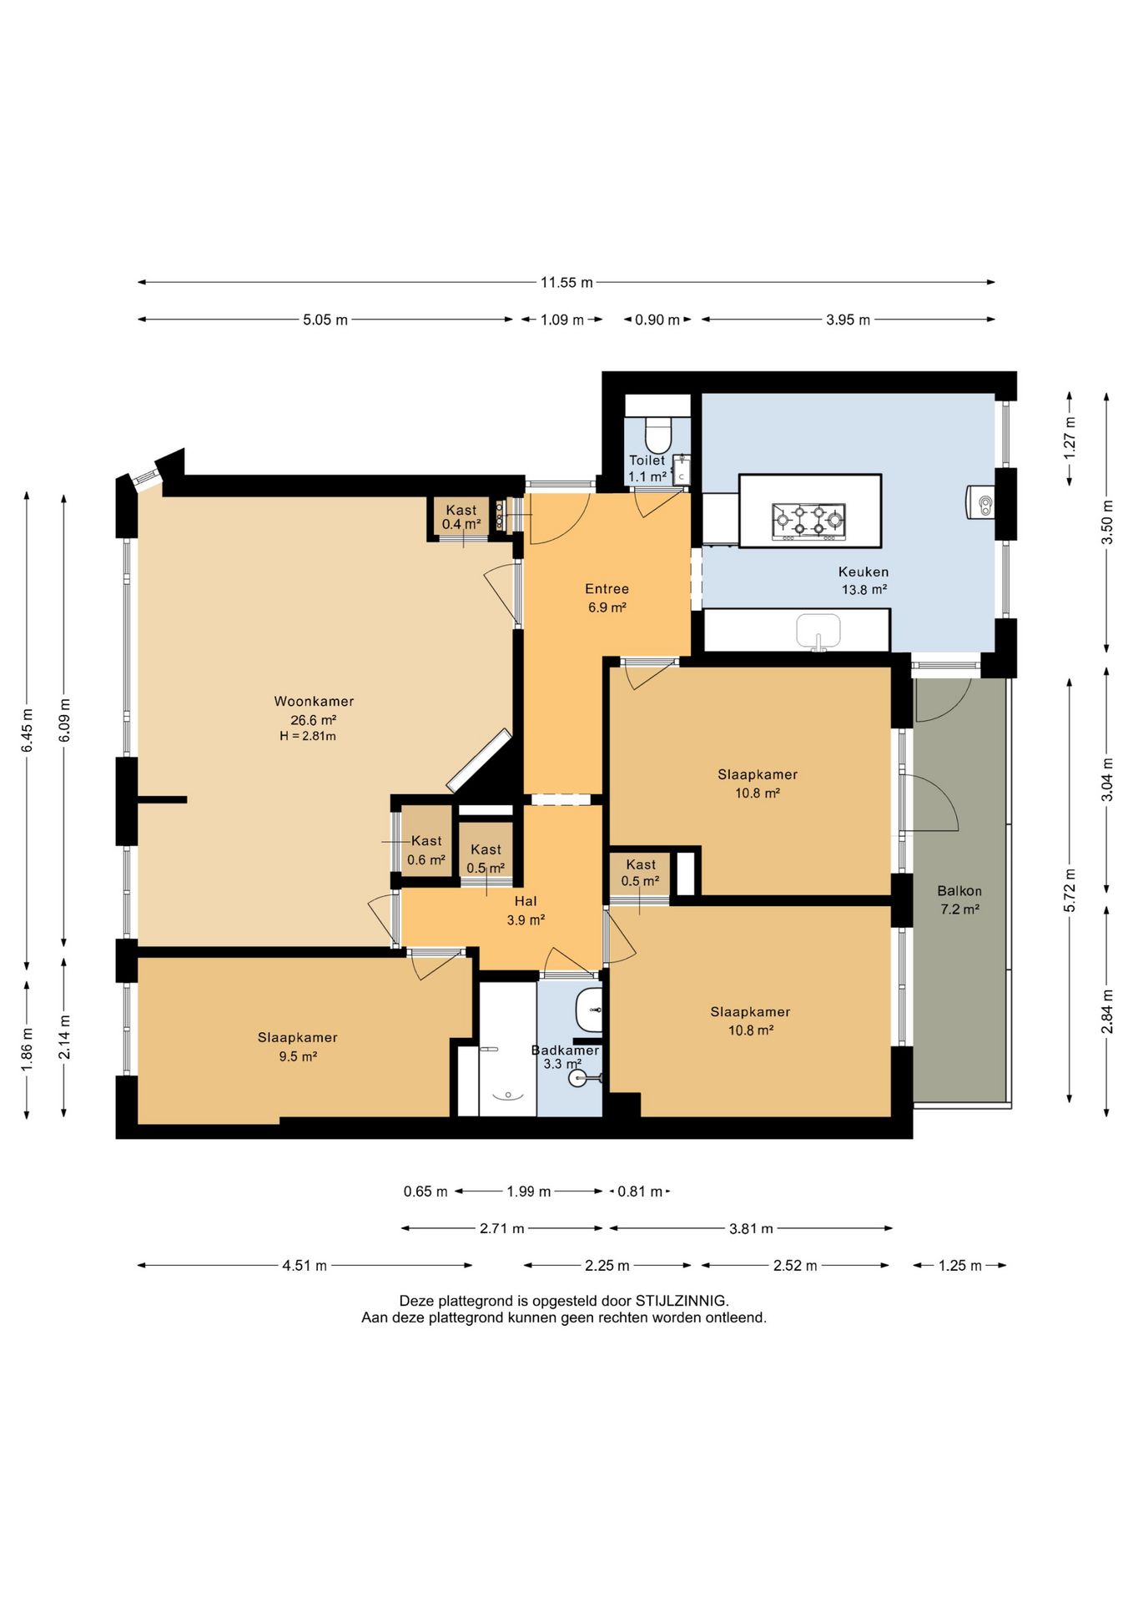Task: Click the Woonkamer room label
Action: coord(314,702)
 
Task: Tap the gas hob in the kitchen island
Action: coord(808,521)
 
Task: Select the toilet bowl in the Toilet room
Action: coord(658,435)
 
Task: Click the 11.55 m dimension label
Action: coord(566,282)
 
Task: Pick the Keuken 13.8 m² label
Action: coord(864,581)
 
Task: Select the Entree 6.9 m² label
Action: coord(607,598)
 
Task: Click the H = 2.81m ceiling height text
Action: coord(308,736)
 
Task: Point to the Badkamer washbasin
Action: coord(589,1010)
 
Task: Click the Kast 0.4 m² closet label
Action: coord(461,517)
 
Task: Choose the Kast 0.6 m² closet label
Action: coord(426,850)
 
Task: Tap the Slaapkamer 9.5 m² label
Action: coord(298,1046)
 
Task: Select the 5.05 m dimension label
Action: coord(325,320)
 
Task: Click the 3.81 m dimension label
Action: coord(751,1228)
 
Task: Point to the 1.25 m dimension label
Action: coord(959,1266)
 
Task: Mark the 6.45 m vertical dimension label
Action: coord(27,730)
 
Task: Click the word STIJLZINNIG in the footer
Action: coord(682,1301)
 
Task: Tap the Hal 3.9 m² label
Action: coord(526,910)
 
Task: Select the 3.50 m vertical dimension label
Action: coord(1107,521)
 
